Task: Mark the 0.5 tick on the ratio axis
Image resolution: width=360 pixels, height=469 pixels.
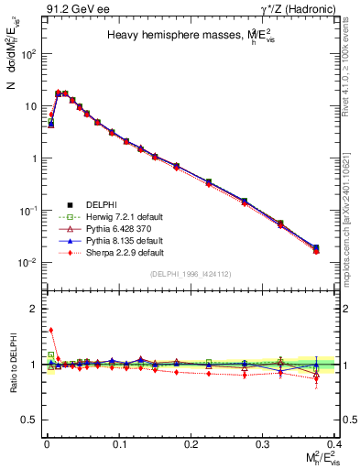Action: [x=34, y=419]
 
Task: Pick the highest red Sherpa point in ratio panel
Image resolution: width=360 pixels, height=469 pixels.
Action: [x=51, y=330]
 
